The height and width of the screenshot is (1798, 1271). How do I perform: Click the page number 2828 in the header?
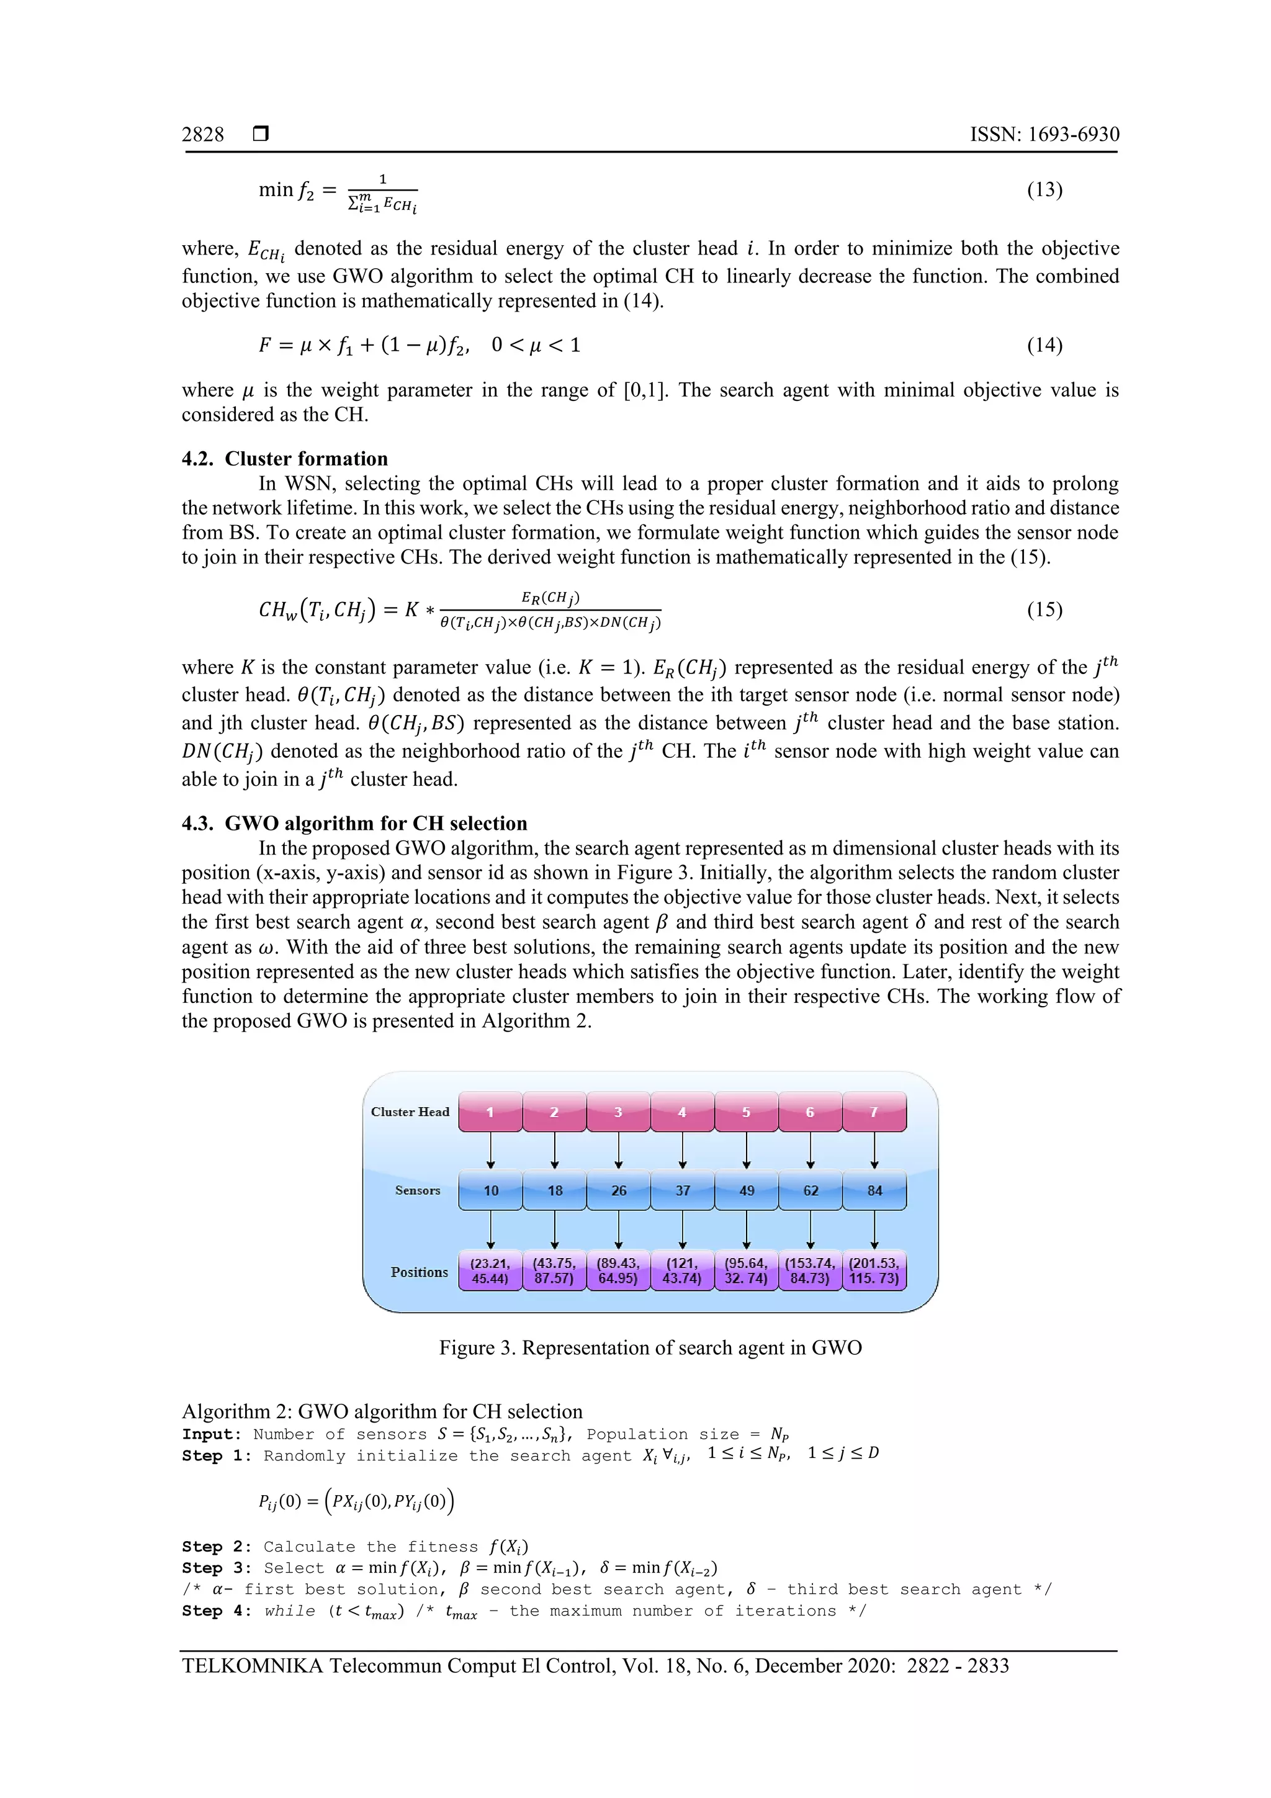tap(202, 135)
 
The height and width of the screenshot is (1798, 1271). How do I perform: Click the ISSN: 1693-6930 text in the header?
tap(1044, 135)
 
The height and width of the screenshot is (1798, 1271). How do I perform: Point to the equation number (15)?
tap(1044, 609)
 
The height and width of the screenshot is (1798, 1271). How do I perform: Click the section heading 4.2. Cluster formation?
tap(284, 459)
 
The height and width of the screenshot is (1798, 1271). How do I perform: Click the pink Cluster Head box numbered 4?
tap(682, 1112)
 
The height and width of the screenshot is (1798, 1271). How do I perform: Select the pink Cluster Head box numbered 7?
tap(874, 1112)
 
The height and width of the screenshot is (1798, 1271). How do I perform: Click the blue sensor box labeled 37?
tap(682, 1190)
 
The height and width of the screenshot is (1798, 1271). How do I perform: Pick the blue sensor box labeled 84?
tap(874, 1190)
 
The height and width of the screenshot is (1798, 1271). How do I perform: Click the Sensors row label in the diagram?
tap(418, 1190)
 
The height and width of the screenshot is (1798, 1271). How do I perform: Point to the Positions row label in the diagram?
tap(419, 1272)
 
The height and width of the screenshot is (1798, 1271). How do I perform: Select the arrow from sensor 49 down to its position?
tap(747, 1229)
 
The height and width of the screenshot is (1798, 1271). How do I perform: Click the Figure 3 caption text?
tap(650, 1347)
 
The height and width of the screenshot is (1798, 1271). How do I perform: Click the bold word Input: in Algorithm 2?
tap(212, 1435)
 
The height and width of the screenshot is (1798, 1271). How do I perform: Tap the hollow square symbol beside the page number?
tap(261, 134)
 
